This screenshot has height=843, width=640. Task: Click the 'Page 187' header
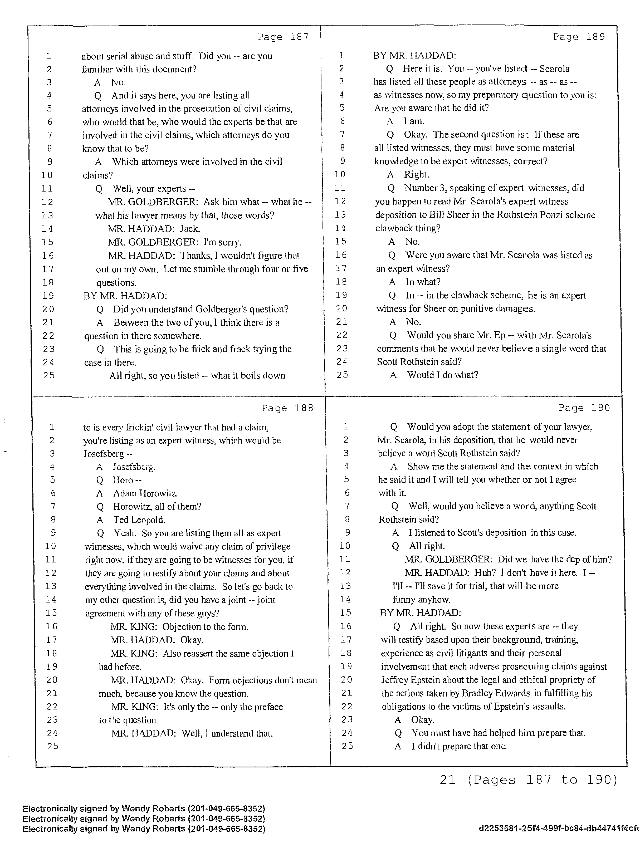[283, 37]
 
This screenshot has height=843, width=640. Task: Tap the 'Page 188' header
[287, 408]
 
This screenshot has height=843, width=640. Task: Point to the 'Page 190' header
[584, 408]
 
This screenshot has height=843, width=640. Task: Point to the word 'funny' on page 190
[404, 600]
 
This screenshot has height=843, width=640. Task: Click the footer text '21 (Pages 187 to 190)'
[528, 780]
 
